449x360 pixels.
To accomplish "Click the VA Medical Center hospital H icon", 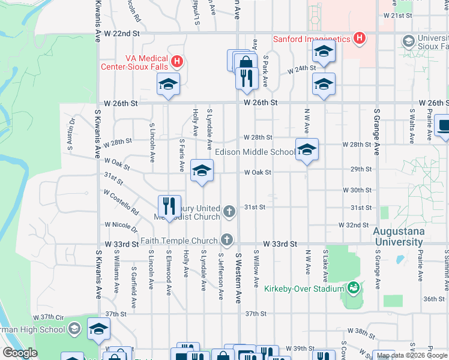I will [176, 61].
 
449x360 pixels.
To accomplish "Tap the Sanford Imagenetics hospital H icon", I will [360, 40].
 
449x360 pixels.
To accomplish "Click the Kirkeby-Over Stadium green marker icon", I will [354, 289].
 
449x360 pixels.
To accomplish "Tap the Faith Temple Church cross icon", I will [226, 240].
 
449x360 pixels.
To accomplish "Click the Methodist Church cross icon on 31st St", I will [229, 211].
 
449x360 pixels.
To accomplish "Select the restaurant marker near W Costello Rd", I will [169, 206].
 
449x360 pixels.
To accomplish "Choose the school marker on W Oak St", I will [202, 170].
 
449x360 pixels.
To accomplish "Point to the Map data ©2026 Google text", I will [411, 356].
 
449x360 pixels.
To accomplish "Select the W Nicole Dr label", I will [122, 226].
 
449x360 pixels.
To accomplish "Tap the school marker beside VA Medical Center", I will [168, 85].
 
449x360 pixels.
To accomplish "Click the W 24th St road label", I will [301, 70].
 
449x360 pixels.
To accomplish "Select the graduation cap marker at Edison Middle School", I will [307, 149].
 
